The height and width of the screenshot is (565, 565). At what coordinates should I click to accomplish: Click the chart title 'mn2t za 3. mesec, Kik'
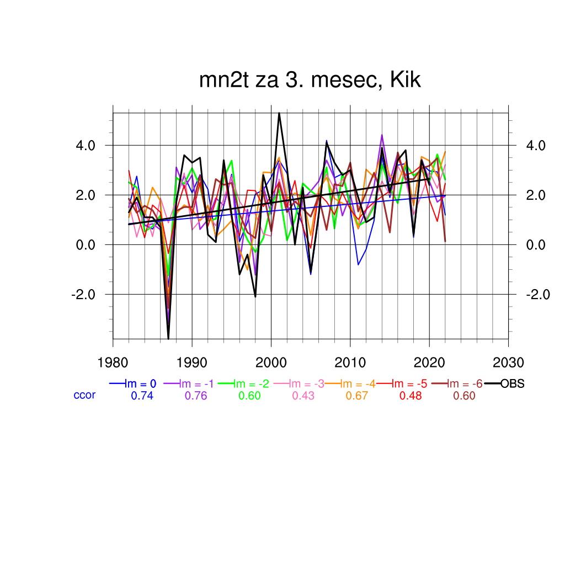[x=310, y=81]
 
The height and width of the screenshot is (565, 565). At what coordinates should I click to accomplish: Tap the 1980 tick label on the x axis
[x=113, y=363]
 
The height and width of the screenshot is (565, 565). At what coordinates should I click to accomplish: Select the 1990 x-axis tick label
[x=191, y=363]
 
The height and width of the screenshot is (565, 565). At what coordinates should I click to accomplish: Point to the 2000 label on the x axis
[x=271, y=363]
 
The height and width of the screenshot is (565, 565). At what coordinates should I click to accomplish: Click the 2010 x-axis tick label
[x=350, y=363]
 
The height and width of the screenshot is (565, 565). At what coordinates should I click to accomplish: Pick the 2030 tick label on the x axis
[x=508, y=363]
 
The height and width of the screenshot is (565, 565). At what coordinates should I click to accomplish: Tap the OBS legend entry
[x=512, y=384]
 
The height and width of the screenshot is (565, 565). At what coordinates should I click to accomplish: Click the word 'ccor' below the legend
[x=84, y=395]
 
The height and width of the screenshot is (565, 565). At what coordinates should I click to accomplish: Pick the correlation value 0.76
[x=196, y=396]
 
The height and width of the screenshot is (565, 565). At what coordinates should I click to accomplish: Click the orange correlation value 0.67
[x=357, y=396]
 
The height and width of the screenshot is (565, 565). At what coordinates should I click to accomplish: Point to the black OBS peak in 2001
[x=279, y=113]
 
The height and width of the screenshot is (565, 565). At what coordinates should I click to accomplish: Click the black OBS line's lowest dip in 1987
[x=168, y=338]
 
